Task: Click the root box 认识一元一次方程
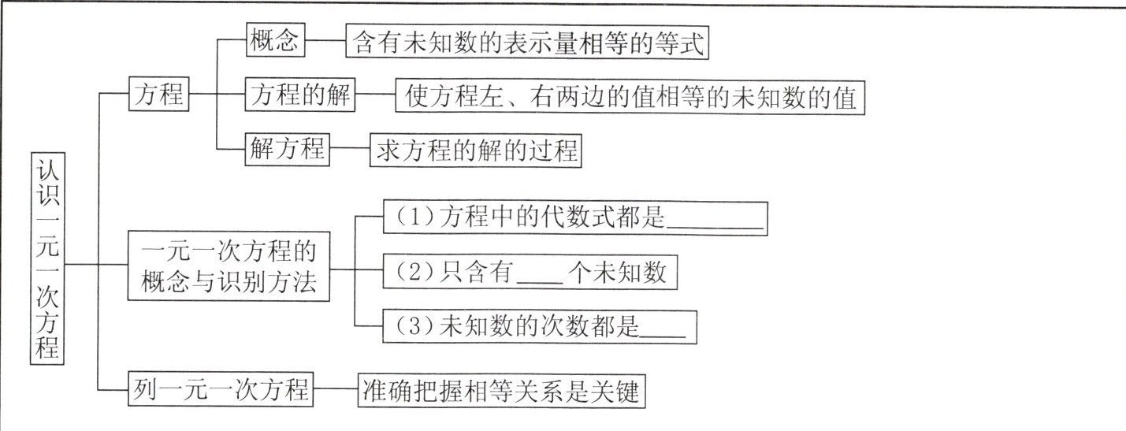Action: [x=47, y=257]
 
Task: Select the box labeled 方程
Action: [x=158, y=96]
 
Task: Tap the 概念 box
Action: [x=275, y=42]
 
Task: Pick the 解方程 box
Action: [x=287, y=149]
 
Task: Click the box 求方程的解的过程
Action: [x=475, y=150]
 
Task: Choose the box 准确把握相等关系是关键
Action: [x=502, y=390]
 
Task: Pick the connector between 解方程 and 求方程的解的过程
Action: [x=350, y=150]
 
